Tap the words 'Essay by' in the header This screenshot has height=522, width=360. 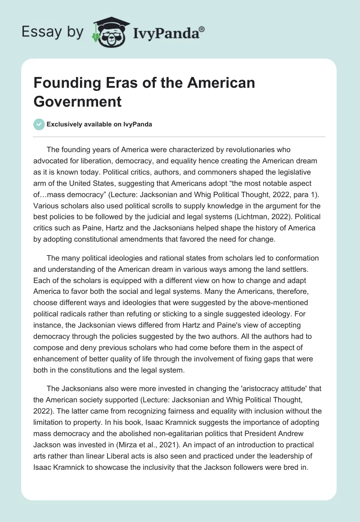53,31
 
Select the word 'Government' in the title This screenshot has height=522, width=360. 78,101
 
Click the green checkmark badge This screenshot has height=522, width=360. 39,124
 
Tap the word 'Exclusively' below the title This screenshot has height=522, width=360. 66,125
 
